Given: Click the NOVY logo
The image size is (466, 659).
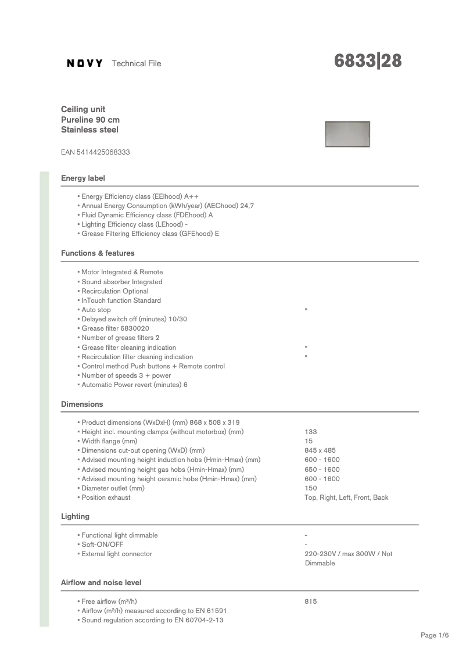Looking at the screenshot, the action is tap(85, 63).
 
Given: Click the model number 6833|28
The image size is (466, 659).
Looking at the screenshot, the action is tap(368, 61).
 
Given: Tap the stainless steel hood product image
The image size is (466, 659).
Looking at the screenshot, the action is tap(347, 134).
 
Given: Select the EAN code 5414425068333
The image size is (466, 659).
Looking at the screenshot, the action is tap(95, 152).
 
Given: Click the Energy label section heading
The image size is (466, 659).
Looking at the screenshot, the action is tap(83, 178).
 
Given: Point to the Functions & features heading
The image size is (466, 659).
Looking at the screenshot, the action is tap(98, 253).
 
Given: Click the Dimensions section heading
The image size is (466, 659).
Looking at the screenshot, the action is tap(82, 404).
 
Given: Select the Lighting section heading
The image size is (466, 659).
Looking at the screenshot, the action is tap(76, 516).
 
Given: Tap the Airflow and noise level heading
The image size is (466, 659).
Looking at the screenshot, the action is tap(101, 582).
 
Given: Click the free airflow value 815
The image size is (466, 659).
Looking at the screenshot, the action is tap(311, 601).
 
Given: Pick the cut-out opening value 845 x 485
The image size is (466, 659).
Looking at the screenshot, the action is tap(320, 450).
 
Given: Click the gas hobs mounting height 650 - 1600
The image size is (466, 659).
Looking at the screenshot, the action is tap(322, 470).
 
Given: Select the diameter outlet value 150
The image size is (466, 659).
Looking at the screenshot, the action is tap(311, 488).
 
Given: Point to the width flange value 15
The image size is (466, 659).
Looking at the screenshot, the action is tap(309, 441).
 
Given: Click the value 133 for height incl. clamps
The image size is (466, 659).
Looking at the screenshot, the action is tap(311, 432).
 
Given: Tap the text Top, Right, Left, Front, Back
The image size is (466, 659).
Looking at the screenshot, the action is tap(346, 497).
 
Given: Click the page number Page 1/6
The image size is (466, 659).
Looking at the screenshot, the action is tap(435, 635).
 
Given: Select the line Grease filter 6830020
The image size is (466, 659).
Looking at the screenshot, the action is tap(115, 328).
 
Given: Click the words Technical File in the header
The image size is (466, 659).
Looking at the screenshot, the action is tap(136, 63).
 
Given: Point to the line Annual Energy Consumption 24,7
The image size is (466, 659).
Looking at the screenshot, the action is tap(167, 206).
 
